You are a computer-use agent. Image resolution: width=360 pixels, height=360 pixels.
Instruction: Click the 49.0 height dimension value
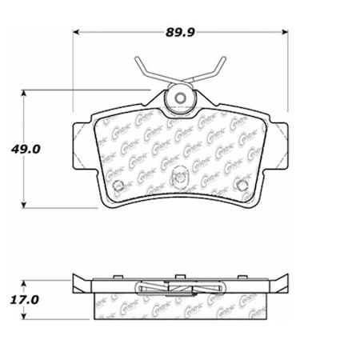point(26,147)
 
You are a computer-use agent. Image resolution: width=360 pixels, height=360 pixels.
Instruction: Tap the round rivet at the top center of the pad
point(180,99)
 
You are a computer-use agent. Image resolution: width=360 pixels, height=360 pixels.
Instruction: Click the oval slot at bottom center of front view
point(181,173)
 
